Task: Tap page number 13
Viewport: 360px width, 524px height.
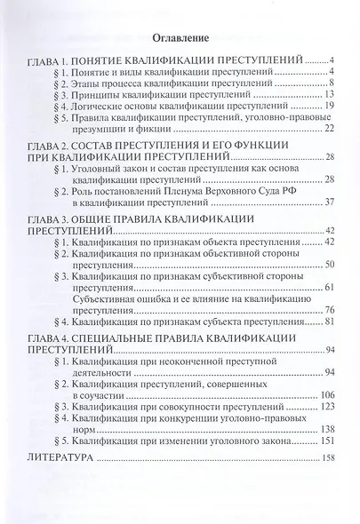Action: (328, 94)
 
